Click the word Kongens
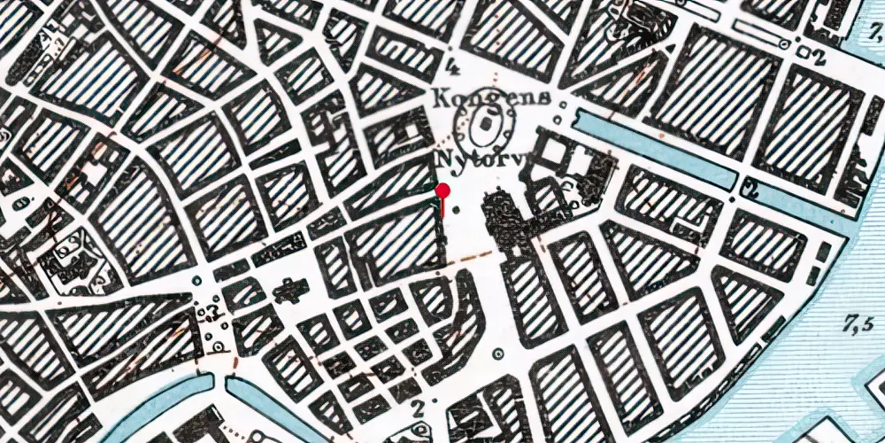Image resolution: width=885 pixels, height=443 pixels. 492,97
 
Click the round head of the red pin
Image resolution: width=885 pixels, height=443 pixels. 444,190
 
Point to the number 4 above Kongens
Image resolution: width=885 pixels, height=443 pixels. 455,65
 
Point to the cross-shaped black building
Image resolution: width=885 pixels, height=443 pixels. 288,290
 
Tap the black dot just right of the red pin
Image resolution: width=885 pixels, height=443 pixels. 457,211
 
